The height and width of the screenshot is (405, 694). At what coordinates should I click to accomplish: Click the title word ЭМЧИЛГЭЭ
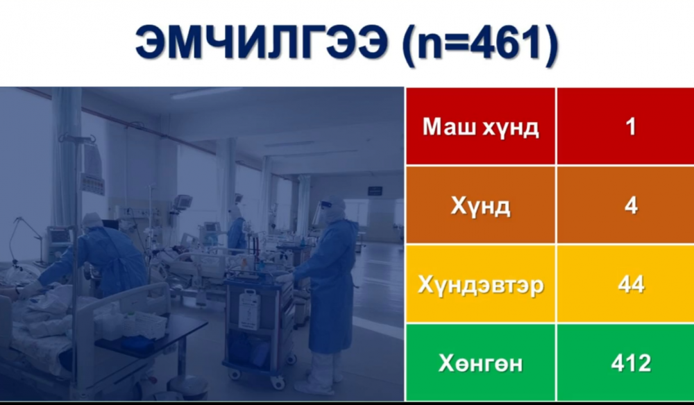[x=262, y=42]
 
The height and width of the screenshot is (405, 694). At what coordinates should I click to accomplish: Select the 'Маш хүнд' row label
[x=481, y=128]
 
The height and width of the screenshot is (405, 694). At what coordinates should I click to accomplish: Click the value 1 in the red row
[x=631, y=127]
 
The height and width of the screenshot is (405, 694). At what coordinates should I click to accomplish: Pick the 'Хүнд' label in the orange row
[x=481, y=206]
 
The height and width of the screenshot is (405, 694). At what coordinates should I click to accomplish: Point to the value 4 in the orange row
[x=631, y=205]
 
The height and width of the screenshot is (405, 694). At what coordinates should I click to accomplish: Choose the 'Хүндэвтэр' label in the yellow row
[x=481, y=285]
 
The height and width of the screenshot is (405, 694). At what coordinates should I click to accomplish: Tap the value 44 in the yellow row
[x=631, y=284]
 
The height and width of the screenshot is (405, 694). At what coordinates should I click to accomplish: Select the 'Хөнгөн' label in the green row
[x=481, y=363]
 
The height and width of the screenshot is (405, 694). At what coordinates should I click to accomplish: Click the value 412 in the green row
[x=631, y=363]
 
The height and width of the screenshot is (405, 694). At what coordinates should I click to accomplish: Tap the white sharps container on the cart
[x=248, y=304]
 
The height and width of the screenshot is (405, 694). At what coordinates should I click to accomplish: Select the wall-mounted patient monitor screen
[x=183, y=202]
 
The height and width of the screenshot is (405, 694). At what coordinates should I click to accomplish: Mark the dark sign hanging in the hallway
[x=375, y=191]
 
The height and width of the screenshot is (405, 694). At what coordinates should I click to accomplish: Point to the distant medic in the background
[x=237, y=230]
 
